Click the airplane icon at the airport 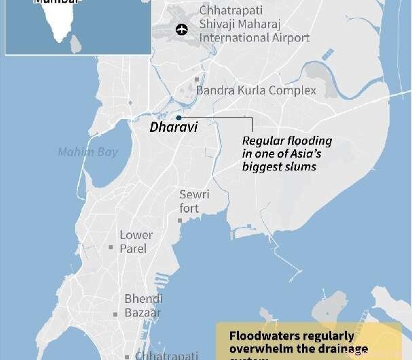click(x=181, y=29)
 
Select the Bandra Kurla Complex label click(x=256, y=90)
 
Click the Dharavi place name click(x=174, y=127)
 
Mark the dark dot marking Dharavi click(x=179, y=118)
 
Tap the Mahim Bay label click(x=88, y=152)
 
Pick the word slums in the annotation click(x=303, y=166)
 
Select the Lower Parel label click(x=136, y=242)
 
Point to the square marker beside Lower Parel click(x=110, y=247)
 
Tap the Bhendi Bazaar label click(x=143, y=305)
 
